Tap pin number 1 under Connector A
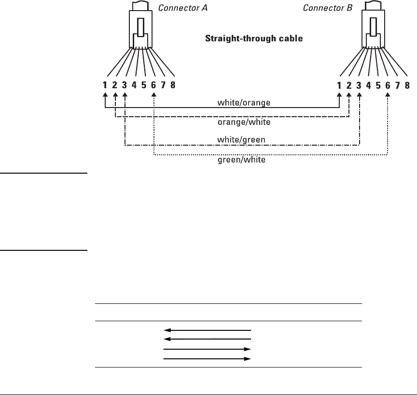(105, 85)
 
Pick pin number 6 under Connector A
(153, 85)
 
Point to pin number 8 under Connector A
(173, 85)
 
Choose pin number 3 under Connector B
(359, 85)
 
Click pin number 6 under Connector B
(388, 85)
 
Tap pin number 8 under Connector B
(407, 85)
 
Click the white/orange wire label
(244, 102)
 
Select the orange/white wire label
(244, 123)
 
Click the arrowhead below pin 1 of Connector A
(105, 95)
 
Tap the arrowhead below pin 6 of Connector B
(388, 95)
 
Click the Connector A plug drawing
(140, 29)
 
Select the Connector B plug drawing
(375, 29)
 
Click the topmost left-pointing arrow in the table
(208, 330)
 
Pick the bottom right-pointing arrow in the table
(208, 359)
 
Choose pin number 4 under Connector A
(134, 85)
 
